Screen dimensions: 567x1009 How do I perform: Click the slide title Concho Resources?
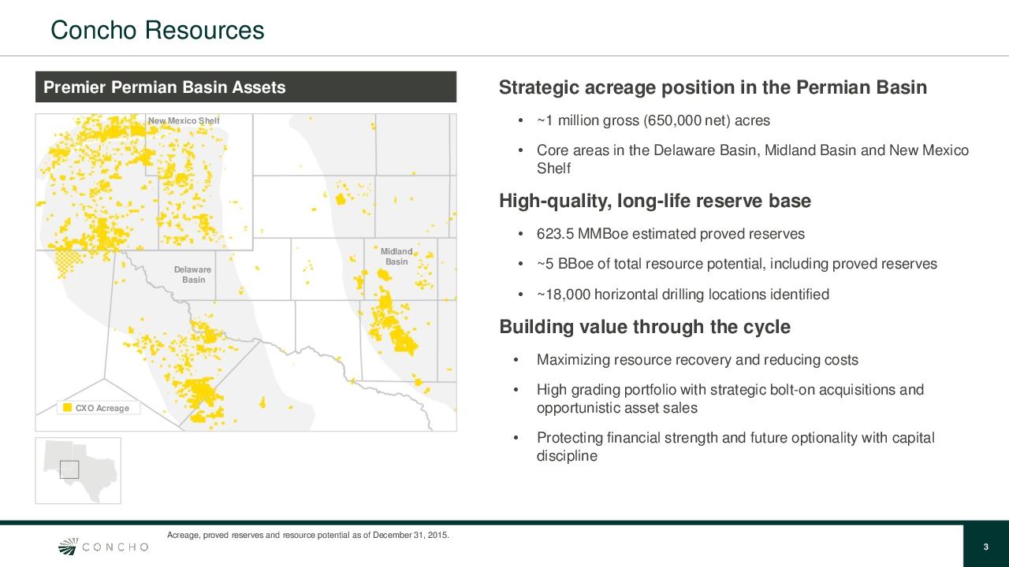point(157,30)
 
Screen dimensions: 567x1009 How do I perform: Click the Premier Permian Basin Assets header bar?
point(245,87)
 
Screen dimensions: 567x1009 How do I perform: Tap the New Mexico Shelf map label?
point(184,120)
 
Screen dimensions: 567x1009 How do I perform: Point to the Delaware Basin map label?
point(193,275)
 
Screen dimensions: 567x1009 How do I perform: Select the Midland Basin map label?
point(397,257)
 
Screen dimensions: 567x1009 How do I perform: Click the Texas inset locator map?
point(78,470)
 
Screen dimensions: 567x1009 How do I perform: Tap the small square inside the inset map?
point(69,469)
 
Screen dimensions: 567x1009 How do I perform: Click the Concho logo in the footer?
point(104,547)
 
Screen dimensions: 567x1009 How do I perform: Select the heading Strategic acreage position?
point(713,87)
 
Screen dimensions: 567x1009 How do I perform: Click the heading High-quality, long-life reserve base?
point(654,202)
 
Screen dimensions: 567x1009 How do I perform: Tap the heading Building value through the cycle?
point(644,327)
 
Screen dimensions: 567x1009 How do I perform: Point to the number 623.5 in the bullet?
point(556,234)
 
